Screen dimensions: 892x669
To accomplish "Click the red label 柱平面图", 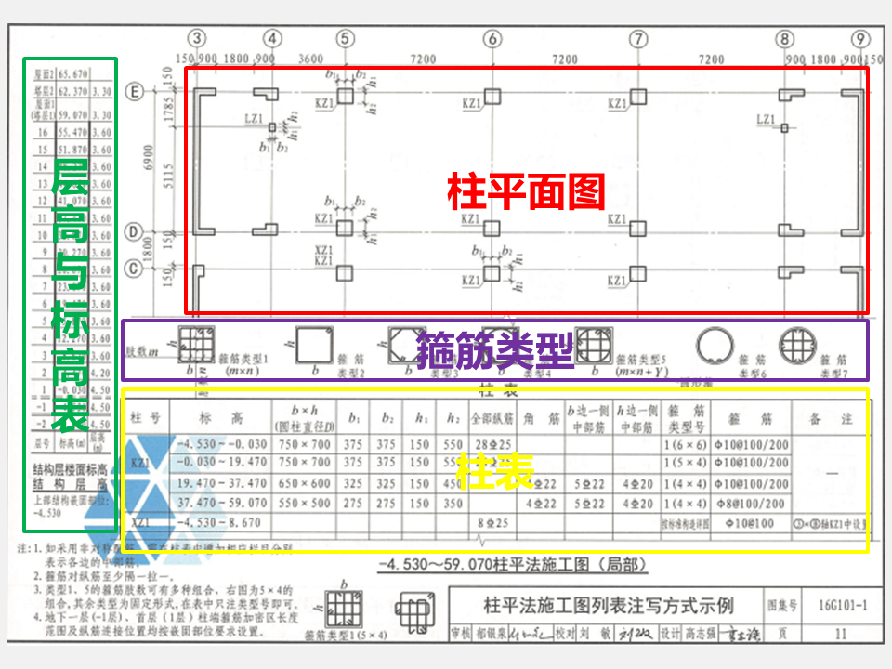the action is click(x=526, y=192).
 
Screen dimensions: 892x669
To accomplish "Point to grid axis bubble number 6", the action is click(x=492, y=39).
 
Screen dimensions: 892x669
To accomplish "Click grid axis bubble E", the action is click(x=134, y=92).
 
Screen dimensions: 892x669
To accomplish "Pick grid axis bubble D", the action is click(x=134, y=230).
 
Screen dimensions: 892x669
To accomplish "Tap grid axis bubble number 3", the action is click(x=196, y=39).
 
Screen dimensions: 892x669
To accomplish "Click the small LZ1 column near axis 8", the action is click(x=784, y=126).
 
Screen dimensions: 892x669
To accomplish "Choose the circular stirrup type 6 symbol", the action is click(x=713, y=348).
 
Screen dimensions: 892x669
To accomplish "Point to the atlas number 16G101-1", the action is click(x=844, y=607).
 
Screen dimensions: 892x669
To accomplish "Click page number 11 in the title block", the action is click(x=842, y=635).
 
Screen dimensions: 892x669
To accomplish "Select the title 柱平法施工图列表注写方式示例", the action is click(x=608, y=607).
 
